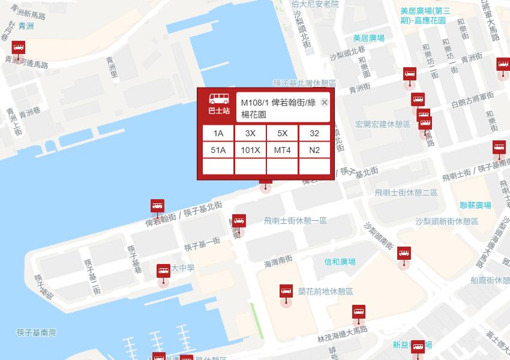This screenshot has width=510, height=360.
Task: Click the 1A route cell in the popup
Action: [x=218, y=133]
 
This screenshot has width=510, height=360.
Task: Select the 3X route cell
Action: [x=250, y=133]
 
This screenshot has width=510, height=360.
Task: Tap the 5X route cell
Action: [x=282, y=133]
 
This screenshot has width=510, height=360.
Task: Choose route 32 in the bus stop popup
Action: [x=314, y=133]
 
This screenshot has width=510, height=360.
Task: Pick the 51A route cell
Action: [x=218, y=149]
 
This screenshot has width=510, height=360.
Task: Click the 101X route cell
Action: [x=250, y=149]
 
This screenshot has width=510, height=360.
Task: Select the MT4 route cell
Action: [x=282, y=149]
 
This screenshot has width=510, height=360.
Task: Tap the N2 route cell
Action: [x=314, y=149]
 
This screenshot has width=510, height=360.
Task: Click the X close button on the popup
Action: [x=325, y=103]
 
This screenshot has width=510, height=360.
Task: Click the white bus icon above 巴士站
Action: [x=218, y=99]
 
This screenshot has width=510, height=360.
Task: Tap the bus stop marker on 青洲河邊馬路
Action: [x=19, y=49]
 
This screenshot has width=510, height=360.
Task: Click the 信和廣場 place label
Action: [x=340, y=262]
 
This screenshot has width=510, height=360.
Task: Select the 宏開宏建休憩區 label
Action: [x=382, y=124]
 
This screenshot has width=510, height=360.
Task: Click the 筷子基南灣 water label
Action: [x=36, y=332]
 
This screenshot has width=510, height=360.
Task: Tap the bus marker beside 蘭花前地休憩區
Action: [x=286, y=292]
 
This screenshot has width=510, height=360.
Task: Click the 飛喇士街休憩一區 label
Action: [x=295, y=221]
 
